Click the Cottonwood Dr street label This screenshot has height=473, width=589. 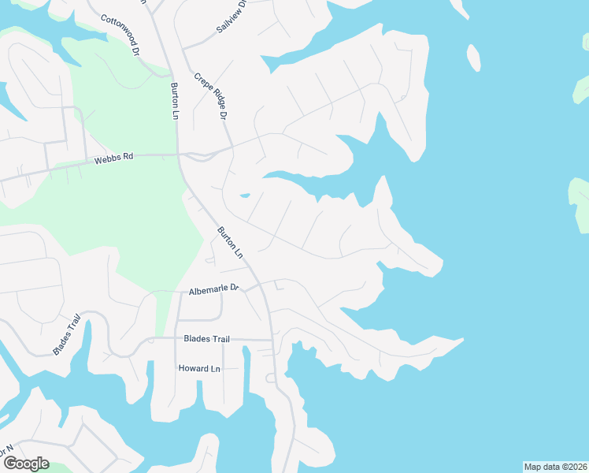coord(120,35)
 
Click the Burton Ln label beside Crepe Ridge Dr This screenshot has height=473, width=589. coord(175,101)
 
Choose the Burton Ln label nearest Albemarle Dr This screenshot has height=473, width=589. coord(230,244)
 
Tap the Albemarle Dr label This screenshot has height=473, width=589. coord(213,290)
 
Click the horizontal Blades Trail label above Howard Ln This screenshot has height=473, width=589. coord(206,339)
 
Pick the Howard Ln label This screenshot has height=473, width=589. coord(199,368)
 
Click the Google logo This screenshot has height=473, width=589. coord(26,464)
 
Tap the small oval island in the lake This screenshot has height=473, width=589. coord(474,57)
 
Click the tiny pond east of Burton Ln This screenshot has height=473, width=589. coord(245,196)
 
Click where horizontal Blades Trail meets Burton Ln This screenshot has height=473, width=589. coord(272,340)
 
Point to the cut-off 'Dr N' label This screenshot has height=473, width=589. coord(7,452)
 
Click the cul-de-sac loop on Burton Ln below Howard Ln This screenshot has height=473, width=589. coord(270,378)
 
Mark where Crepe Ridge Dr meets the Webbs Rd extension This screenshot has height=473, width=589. coord(232,147)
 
